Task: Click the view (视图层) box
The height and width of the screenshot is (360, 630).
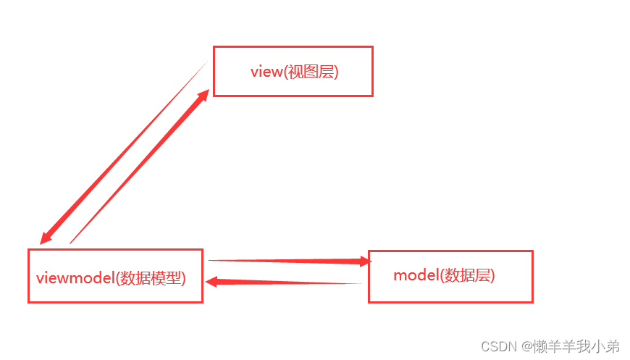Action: point(293,71)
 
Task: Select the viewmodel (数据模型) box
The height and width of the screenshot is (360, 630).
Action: point(115,276)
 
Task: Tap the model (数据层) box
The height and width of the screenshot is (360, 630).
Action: point(450,276)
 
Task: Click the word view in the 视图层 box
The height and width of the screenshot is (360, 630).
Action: point(265,72)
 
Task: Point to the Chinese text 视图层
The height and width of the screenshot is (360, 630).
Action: point(311,72)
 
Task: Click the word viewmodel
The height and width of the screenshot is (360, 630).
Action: point(75,278)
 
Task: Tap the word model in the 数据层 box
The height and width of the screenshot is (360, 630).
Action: point(416,276)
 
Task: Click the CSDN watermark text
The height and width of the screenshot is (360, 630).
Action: point(496,346)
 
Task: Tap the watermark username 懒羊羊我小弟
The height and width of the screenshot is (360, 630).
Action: point(576,346)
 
